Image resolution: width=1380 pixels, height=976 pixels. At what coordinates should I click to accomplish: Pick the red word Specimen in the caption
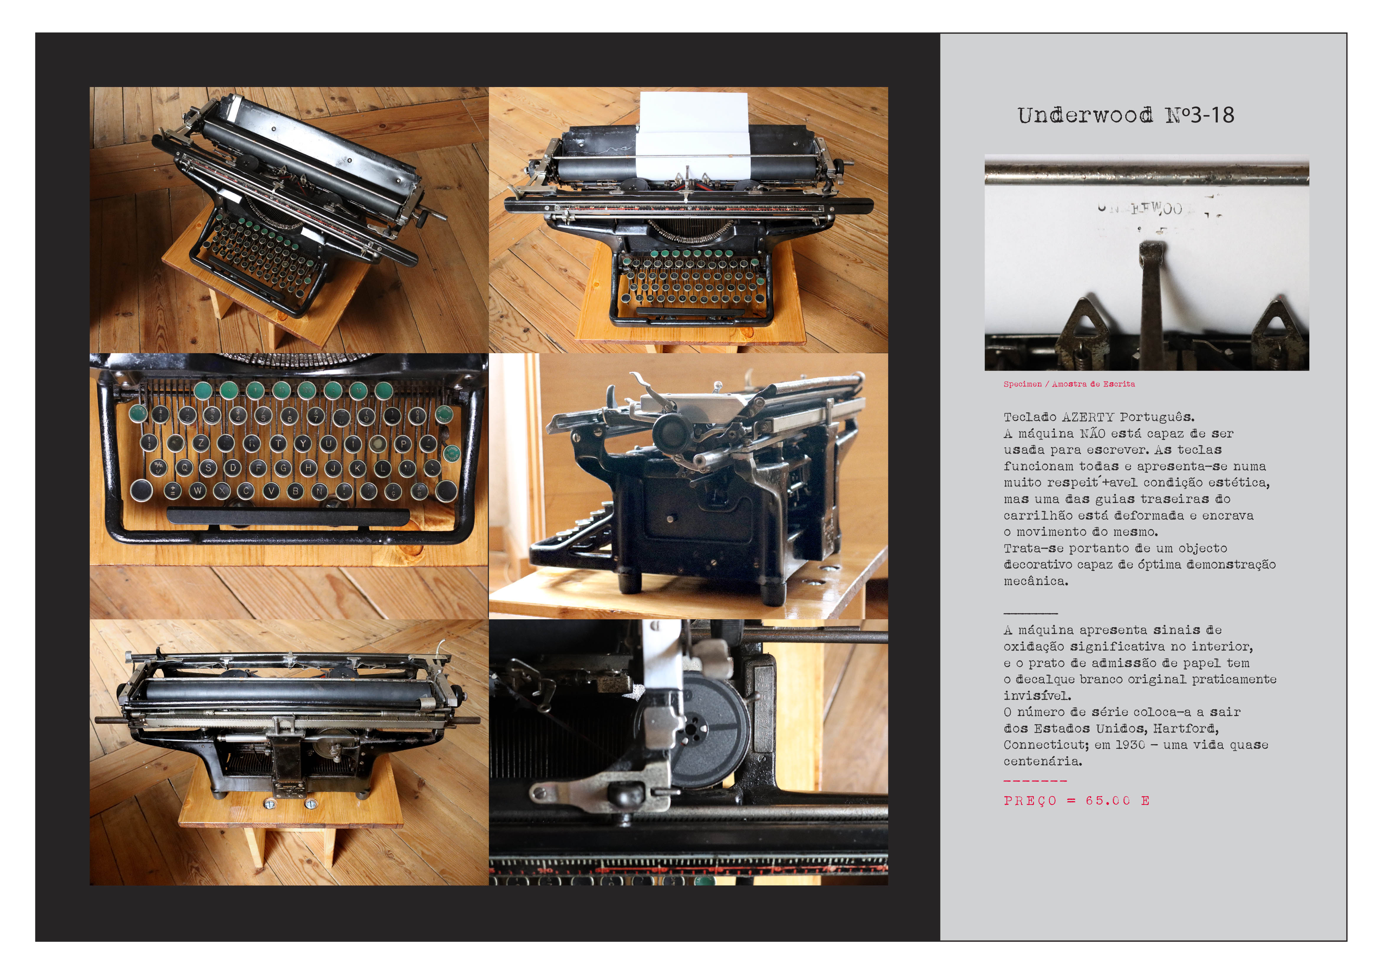click(1022, 384)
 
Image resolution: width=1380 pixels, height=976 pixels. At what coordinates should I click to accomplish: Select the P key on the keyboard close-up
click(403, 444)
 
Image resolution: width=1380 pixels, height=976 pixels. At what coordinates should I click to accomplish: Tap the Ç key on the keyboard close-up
click(393, 492)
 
